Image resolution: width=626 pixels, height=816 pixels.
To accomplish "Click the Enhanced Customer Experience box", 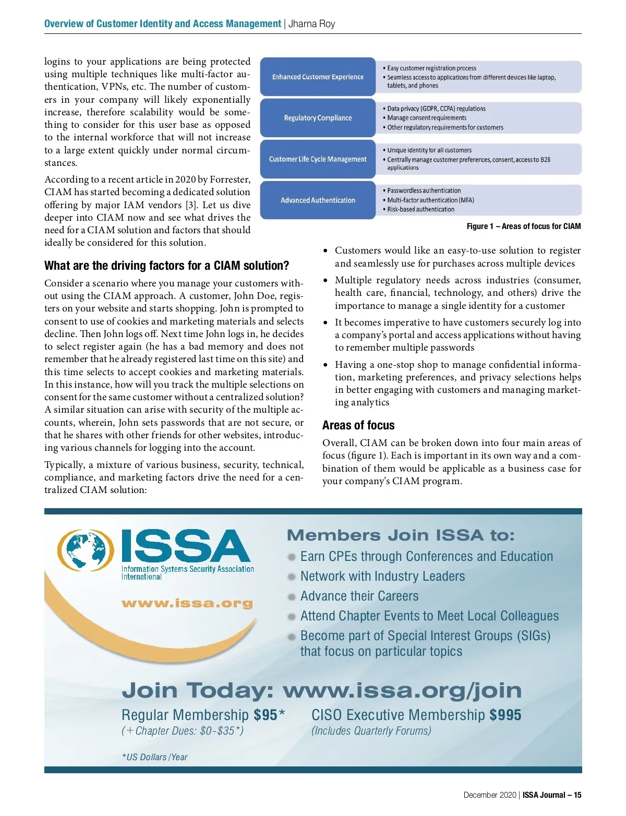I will tap(318, 77).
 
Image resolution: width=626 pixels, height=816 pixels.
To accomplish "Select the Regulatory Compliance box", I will tap(318, 118).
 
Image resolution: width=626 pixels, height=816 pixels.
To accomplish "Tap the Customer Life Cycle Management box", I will tap(318, 159).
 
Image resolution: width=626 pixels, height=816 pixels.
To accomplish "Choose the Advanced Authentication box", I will tap(318, 200).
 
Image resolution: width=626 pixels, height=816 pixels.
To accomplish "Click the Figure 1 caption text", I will tap(523, 226).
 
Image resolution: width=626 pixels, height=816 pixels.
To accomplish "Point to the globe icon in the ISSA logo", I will tap(86, 550).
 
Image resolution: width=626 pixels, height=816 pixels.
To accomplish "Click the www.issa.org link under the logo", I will tap(187, 604).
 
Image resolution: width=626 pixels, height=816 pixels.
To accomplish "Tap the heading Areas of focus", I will tap(358, 425).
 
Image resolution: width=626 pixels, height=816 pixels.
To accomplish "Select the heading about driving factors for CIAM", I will tap(166, 266).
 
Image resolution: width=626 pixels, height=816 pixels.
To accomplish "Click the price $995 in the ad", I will tap(505, 715).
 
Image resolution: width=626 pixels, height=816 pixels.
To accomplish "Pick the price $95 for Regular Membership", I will tap(266, 715).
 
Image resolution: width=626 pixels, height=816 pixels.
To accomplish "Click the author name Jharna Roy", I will tap(312, 24).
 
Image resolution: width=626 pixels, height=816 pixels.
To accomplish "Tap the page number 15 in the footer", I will tap(577, 795).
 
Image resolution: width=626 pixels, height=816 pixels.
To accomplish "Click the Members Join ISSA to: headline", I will tap(401, 535).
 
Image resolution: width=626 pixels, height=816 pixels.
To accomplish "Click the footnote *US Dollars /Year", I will tap(154, 757).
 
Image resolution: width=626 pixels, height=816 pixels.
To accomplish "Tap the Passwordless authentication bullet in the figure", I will tap(424, 191).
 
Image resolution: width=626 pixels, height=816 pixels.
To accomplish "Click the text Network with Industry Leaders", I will tap(382, 577).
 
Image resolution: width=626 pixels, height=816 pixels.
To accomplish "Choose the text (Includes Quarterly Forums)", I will tap(371, 731).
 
